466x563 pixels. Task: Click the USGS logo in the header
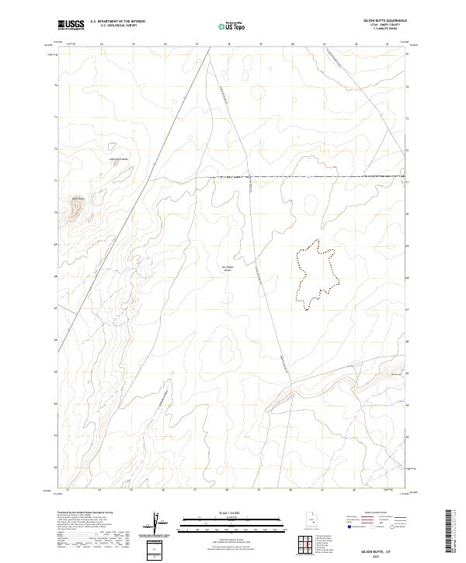pyautogui.click(x=71, y=24)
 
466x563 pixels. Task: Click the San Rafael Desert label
pyautogui.click(x=228, y=268)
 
